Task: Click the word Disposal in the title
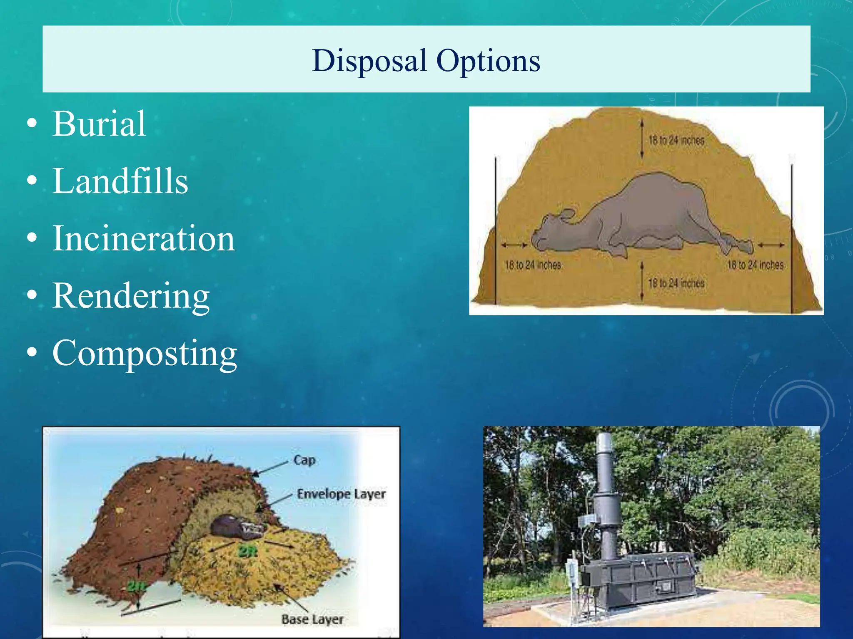click(x=369, y=61)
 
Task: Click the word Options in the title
click(x=488, y=61)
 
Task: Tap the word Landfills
click(x=120, y=181)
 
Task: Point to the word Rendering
click(x=131, y=295)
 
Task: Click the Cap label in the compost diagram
click(x=304, y=460)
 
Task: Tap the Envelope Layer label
click(x=341, y=494)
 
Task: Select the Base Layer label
click(x=312, y=619)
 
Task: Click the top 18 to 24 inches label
click(x=676, y=140)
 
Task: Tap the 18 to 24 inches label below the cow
click(x=676, y=283)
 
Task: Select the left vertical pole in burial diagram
click(x=496, y=229)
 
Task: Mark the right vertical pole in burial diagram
click(x=792, y=237)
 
